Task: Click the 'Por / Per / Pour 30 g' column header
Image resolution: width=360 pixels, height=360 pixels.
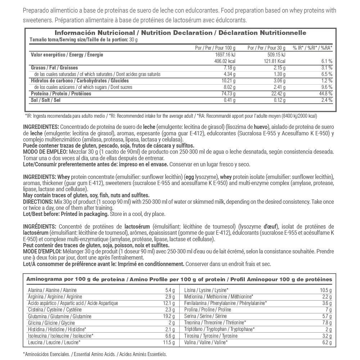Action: pos(266,48)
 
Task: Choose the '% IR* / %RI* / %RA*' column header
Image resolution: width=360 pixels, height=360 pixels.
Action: pos(312,48)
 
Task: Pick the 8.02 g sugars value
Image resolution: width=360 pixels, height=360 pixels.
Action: pos(228,87)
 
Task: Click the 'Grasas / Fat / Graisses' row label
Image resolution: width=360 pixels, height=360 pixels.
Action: pos(54,68)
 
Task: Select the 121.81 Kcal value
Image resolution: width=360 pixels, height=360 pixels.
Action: pos(275,61)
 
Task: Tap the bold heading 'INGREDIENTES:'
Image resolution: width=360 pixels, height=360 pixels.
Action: pos(41,127)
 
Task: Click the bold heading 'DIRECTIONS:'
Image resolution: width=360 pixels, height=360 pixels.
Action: pos(37,201)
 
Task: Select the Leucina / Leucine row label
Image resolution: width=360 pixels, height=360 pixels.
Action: pos(54,342)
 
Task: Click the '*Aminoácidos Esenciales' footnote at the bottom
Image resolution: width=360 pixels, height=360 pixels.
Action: pos(49,354)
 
